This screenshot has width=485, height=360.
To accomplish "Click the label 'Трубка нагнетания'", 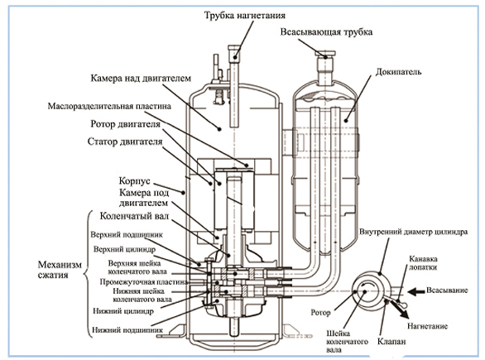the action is pyautogui.click(x=244, y=16).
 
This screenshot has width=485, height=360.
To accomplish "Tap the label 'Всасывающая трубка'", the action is pyautogui.click(x=326, y=32).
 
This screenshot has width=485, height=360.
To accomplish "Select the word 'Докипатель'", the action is pyautogui.click(x=398, y=72).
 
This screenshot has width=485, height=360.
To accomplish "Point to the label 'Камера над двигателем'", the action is pyautogui.click(x=141, y=79).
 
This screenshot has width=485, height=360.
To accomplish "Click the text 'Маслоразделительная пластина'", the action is pyautogui.click(x=109, y=106).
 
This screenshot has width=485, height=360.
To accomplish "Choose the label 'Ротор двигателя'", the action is pyautogui.click(x=125, y=124).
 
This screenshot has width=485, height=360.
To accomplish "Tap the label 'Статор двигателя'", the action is pyautogui.click(x=125, y=142).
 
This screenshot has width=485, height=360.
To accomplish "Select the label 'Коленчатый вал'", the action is pyautogui.click(x=134, y=216).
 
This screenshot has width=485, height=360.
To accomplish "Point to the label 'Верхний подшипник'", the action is pyautogui.click(x=127, y=235).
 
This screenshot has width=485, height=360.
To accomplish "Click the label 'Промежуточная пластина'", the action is pyautogui.click(x=143, y=282).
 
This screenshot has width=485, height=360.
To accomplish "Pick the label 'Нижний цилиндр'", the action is pyautogui.click(x=123, y=311).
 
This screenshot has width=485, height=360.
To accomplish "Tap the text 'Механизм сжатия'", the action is pyautogui.click(x=60, y=270).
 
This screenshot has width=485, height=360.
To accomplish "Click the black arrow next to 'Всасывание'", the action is pyautogui.click(x=415, y=291).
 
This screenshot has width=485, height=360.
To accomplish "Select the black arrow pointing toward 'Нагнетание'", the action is pyautogui.click(x=399, y=309).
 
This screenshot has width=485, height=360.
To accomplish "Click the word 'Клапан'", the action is pyautogui.click(x=391, y=342).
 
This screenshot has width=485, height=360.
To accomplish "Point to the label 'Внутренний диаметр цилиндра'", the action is pyautogui.click(x=413, y=232).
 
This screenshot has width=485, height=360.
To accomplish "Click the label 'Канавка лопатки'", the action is pyautogui.click(x=423, y=263).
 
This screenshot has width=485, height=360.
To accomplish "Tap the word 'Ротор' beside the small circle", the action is pyautogui.click(x=320, y=313).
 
